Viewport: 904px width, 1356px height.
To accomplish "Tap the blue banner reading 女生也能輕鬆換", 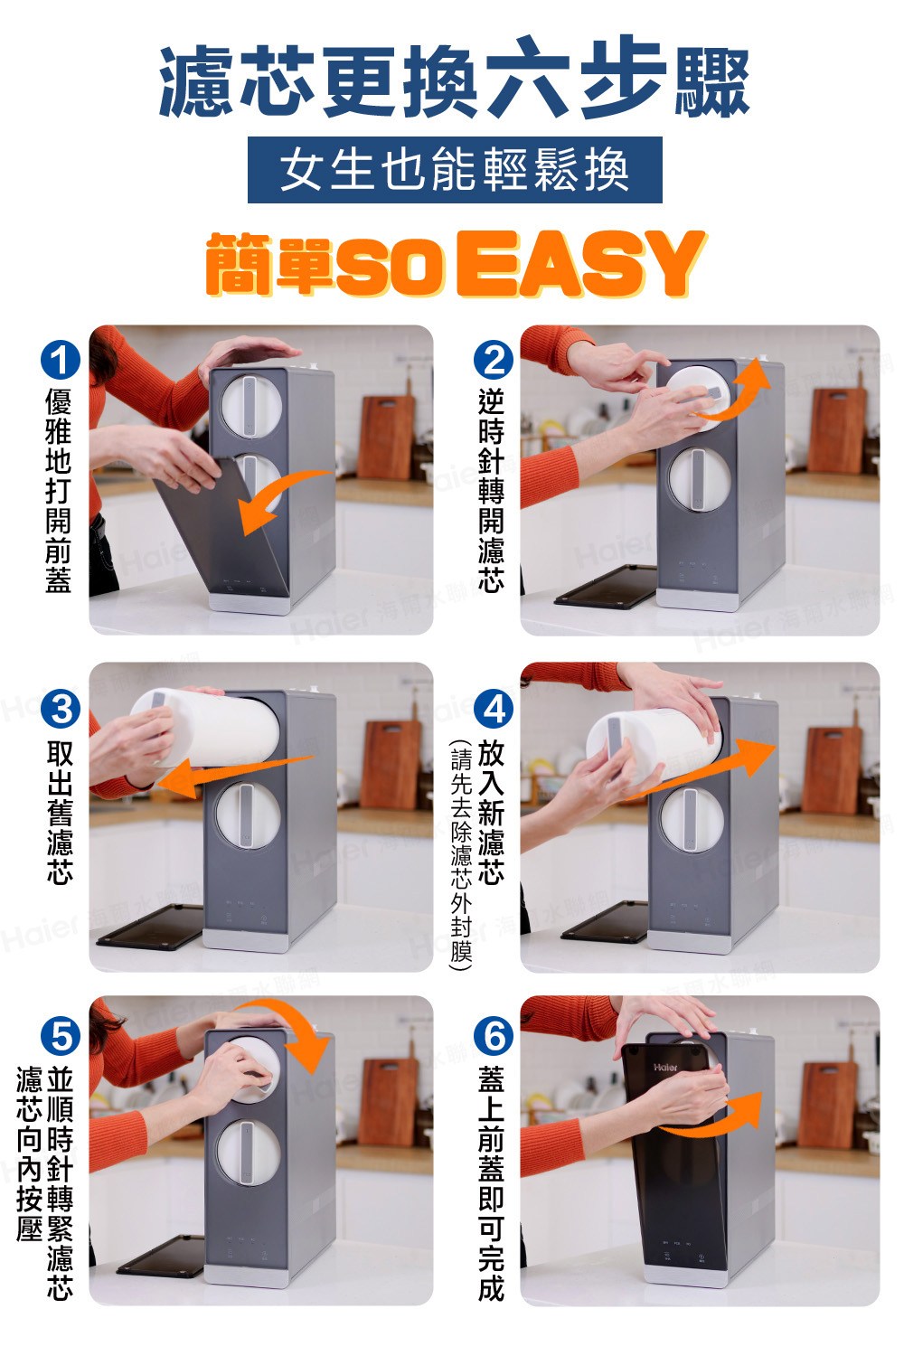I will [455, 170].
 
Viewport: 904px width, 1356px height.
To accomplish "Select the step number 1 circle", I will [61, 362].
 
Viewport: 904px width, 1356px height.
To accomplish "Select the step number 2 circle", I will [494, 362].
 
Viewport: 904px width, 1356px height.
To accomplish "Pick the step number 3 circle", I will [61, 709].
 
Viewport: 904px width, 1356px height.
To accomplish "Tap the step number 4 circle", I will [494, 709].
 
